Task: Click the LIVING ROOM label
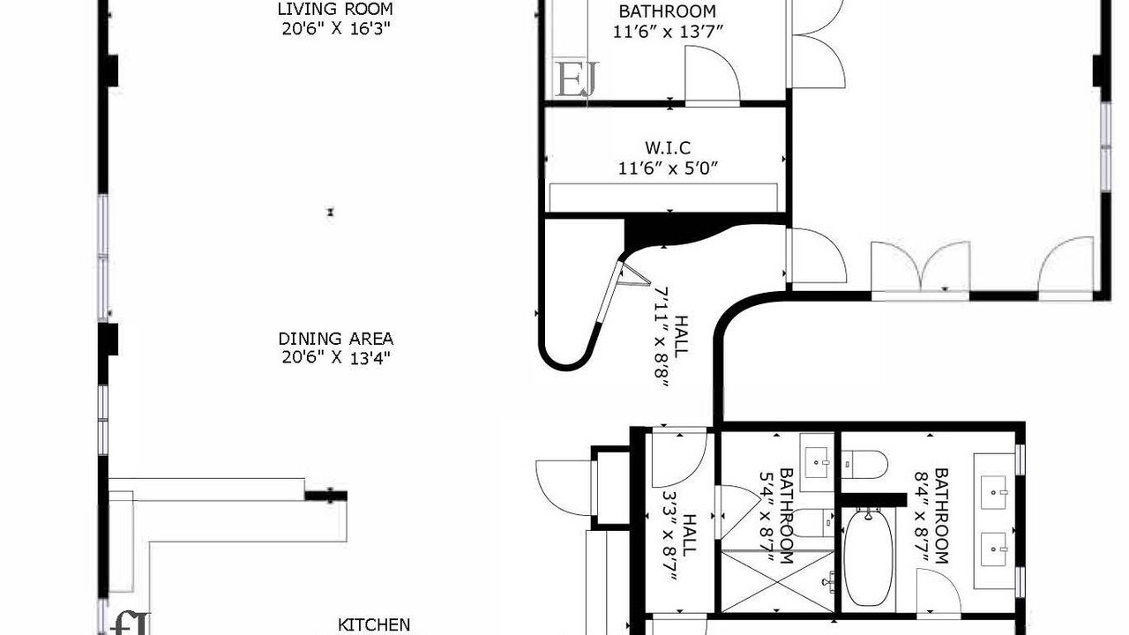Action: pos(335,9)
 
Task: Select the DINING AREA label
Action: pos(336,338)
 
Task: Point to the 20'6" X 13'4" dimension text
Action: pos(336,358)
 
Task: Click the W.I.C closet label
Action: pos(668,147)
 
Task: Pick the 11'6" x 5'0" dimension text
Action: pos(668,168)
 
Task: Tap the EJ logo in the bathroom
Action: pos(577,78)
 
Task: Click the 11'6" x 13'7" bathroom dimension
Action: pos(668,32)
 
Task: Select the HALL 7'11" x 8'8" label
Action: pos(671,337)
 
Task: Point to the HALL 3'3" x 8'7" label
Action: pos(679,535)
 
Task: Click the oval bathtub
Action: pos(868,557)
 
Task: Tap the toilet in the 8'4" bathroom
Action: pos(864,465)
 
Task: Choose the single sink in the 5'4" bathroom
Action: pos(817,462)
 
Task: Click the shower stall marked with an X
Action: pos(778,581)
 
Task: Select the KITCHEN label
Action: pos(374,625)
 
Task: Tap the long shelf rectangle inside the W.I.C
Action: pos(663,198)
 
